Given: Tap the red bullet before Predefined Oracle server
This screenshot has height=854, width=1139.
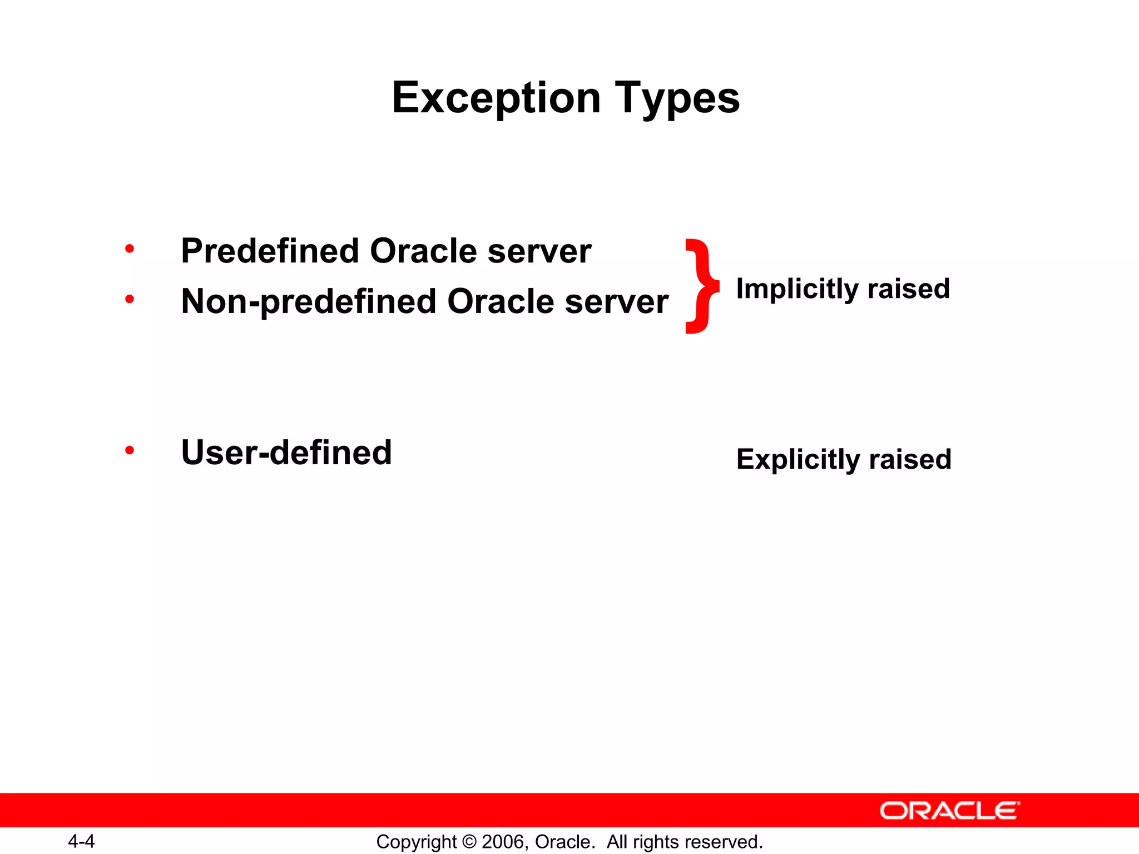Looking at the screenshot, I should (x=130, y=249).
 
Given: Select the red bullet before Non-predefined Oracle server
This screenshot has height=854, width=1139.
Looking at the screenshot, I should (x=130, y=300).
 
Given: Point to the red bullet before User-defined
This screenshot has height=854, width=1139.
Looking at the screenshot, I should (x=130, y=450).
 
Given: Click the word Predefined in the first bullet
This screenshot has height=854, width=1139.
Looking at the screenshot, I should (x=270, y=251).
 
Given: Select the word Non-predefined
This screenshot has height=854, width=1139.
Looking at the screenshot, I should (x=309, y=302).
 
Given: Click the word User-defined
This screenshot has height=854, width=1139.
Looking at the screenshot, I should (x=286, y=452).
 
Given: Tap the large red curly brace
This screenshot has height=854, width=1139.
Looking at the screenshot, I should (x=702, y=286).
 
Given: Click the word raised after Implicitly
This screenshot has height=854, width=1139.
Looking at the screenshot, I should (x=908, y=289).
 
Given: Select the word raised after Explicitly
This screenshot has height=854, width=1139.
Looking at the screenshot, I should (x=910, y=460).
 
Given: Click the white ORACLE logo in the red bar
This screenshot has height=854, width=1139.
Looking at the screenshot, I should (x=950, y=811).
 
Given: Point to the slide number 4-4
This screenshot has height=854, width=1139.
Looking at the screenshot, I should (x=81, y=841).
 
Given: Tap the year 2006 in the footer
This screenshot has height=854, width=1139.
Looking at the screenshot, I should (x=503, y=842).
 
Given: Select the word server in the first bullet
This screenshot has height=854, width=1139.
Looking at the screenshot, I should (x=539, y=251).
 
